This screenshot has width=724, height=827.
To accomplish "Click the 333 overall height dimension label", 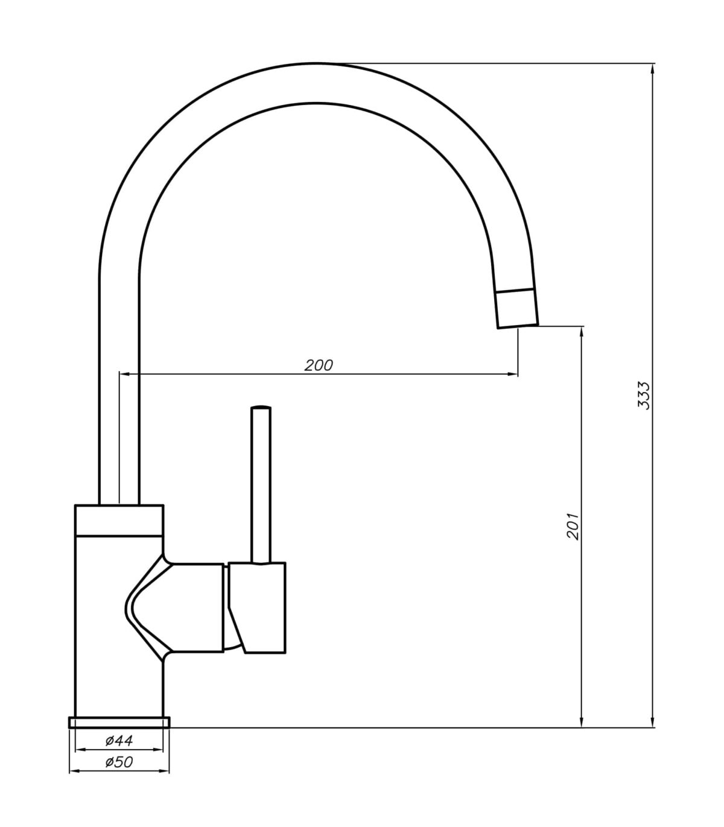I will (x=644, y=396).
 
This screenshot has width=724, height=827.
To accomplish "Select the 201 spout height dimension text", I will (x=573, y=526).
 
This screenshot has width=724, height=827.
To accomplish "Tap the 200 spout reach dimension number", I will (x=318, y=365).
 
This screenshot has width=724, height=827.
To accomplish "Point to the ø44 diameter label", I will (x=119, y=740).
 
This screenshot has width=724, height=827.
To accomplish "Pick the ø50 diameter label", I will (x=119, y=762).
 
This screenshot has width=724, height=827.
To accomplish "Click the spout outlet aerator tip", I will (x=516, y=309).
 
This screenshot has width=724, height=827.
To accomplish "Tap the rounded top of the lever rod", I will (x=261, y=408).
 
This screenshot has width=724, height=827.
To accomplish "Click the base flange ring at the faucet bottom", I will (x=119, y=722).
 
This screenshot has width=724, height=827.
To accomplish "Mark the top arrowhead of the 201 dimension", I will (x=582, y=332).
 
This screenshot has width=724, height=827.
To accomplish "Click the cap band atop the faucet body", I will (x=119, y=519).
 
